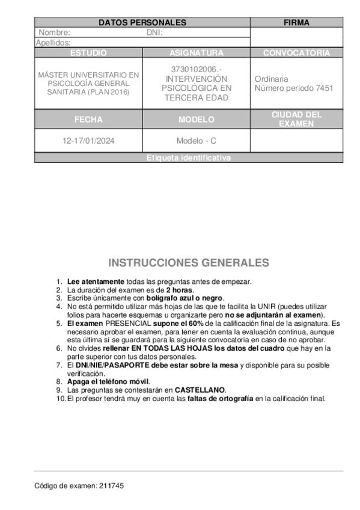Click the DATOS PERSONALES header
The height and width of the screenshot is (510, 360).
pos(142,23)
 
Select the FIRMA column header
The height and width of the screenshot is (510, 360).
pos(296,23)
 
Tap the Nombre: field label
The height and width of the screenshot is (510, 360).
pos(55,32)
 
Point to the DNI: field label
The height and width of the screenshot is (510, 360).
pos(155,32)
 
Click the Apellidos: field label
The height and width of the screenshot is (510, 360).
pos(53,43)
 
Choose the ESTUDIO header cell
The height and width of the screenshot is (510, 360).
pos(88,53)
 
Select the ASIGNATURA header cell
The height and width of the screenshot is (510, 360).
pos(196,53)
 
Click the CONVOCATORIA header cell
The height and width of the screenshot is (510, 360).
pos(296,53)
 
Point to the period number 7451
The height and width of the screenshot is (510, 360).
pos(324,88)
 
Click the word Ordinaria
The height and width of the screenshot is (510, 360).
pos(272,79)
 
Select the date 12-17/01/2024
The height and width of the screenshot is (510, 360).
pos(88,141)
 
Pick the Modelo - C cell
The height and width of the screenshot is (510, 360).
pos(196,141)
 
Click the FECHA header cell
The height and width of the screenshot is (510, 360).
pos(88,120)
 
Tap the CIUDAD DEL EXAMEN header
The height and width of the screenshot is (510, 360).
pos(296,119)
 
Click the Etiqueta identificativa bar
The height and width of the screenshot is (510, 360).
pos(188,158)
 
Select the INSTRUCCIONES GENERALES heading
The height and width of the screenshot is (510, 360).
pos(188,263)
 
